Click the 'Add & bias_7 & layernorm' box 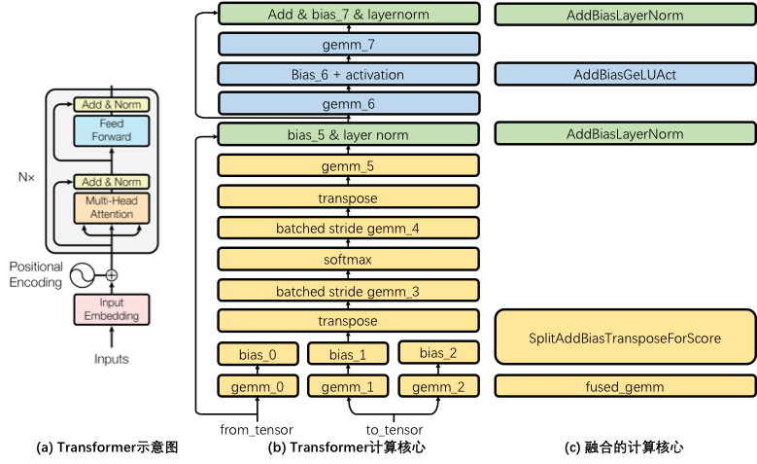[349, 15]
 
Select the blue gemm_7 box [349, 45]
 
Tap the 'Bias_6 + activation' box [349, 74]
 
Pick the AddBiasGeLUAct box [625, 74]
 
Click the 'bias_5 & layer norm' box [349, 134]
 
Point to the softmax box [349, 260]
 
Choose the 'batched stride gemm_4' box [349, 229]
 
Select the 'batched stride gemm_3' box [349, 291]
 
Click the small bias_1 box [348, 354]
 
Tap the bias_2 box [438, 352]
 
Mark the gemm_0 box [258, 386]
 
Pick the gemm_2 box [438, 386]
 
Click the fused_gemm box [625, 386]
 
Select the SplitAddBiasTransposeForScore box [625, 338]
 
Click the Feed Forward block [111, 130]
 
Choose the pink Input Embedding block [111, 308]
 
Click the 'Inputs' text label [111, 358]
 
